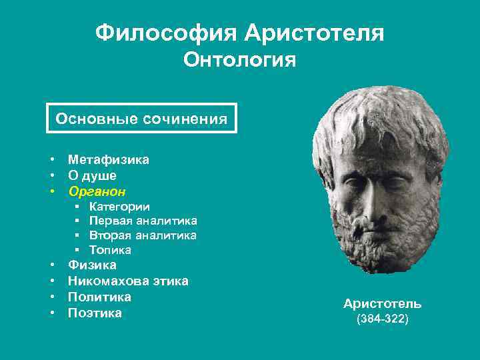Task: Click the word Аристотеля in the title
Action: pos(314,32)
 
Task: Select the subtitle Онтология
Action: pos(239,61)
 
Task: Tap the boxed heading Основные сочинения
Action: pos(141,119)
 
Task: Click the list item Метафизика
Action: pos(109,159)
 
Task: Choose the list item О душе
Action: pos(92,175)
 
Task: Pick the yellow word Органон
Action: pos(97,191)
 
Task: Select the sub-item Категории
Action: pos(119,207)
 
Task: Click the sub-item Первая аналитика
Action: pos(143,221)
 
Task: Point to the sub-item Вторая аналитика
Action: pos(143,235)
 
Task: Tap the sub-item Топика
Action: pos(110,250)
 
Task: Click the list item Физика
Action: pos(92,265)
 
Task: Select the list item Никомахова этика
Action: pos(128,281)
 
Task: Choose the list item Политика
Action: pos(99,297)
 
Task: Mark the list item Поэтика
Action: pos(95,313)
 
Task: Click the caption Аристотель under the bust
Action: pos(382,304)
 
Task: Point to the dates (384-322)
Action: pos(382,319)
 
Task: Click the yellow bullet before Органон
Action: pos(51,192)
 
